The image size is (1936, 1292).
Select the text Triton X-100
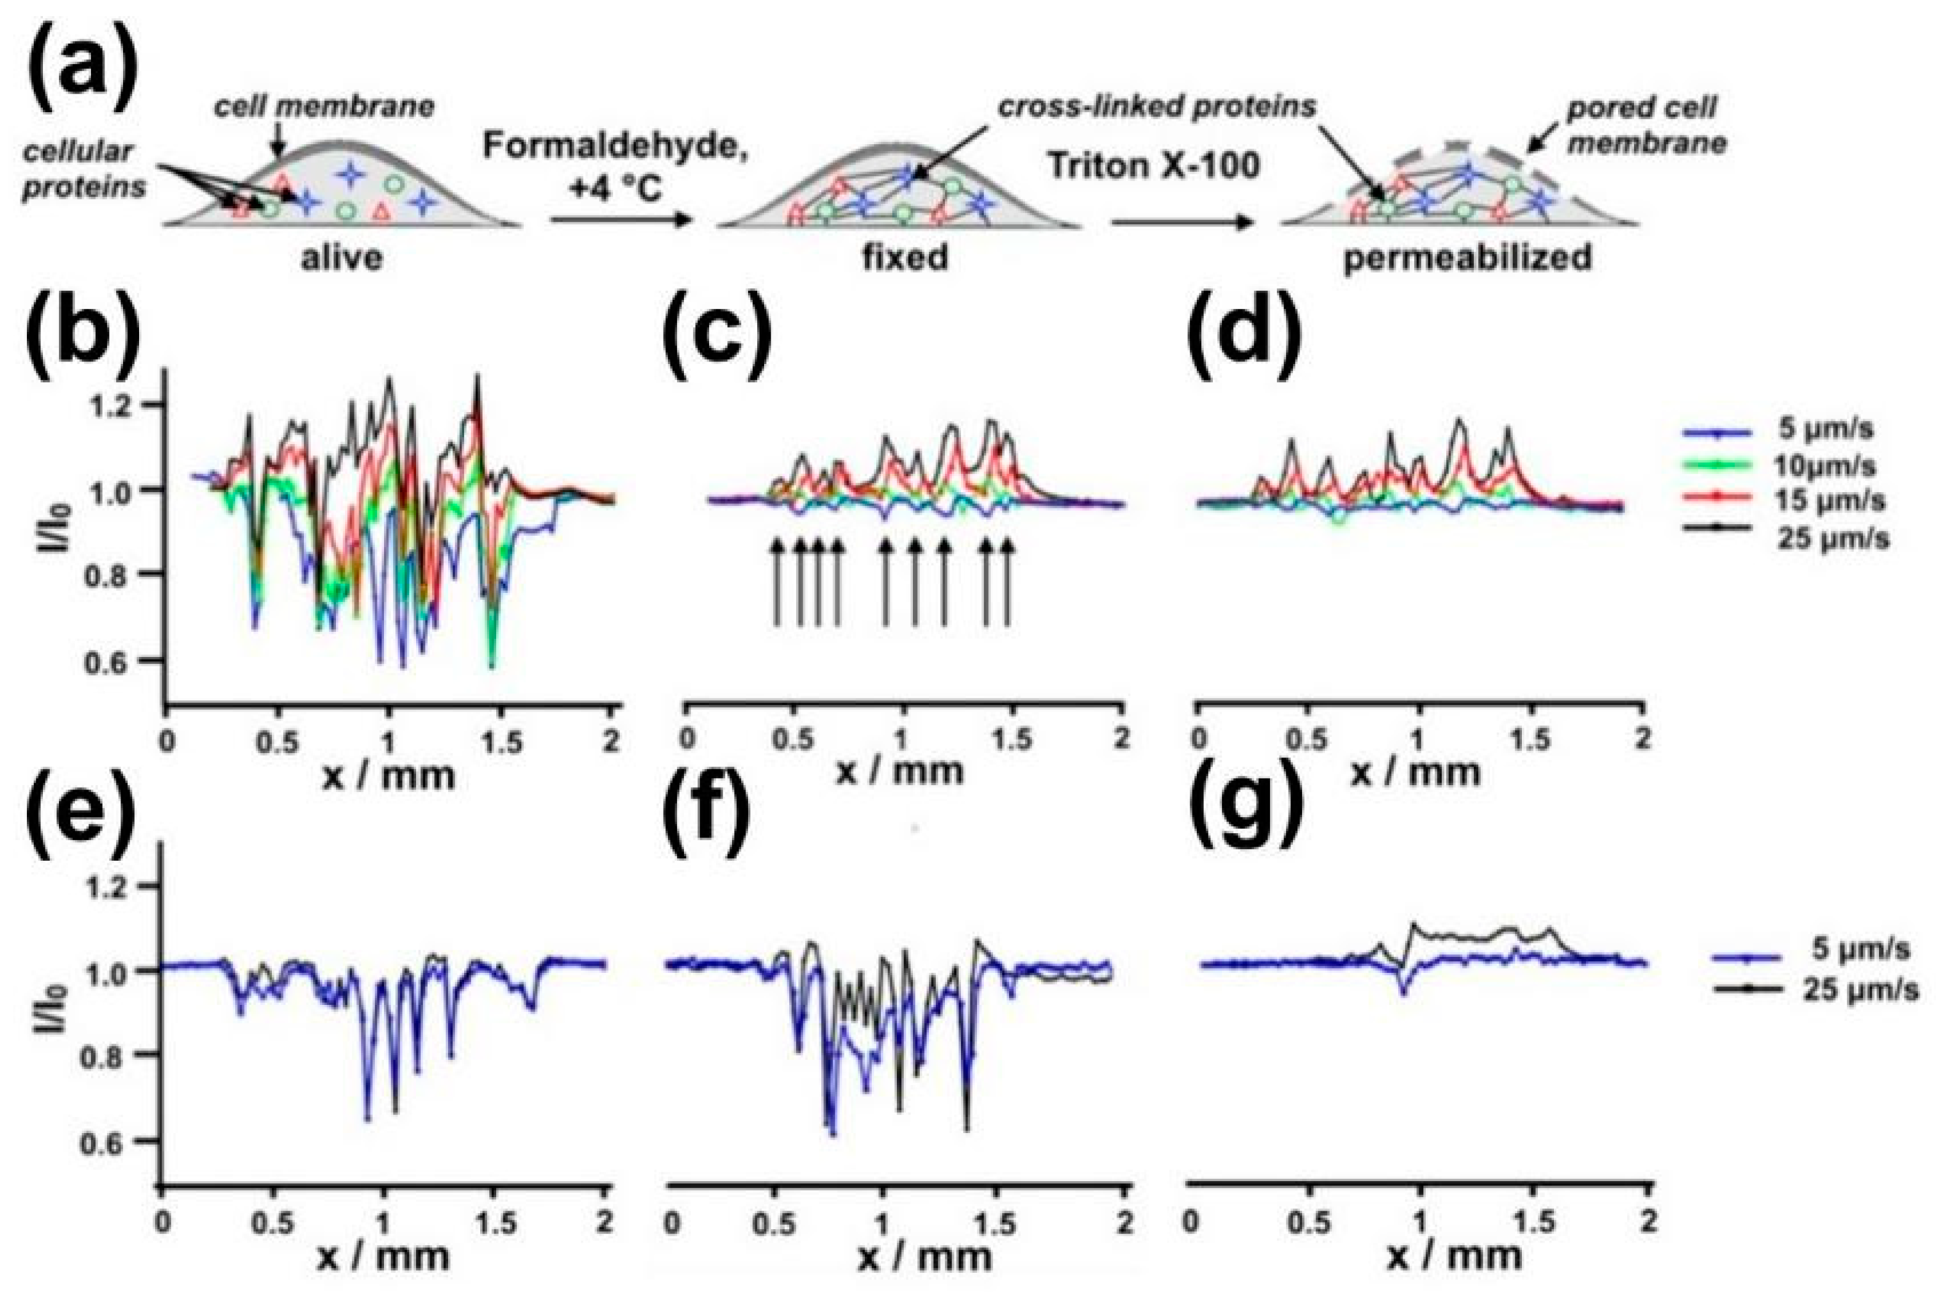(x=1154, y=165)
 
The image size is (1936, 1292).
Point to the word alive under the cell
(x=341, y=258)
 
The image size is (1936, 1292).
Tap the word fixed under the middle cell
(x=905, y=258)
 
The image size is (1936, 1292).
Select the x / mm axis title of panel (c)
(x=900, y=771)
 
